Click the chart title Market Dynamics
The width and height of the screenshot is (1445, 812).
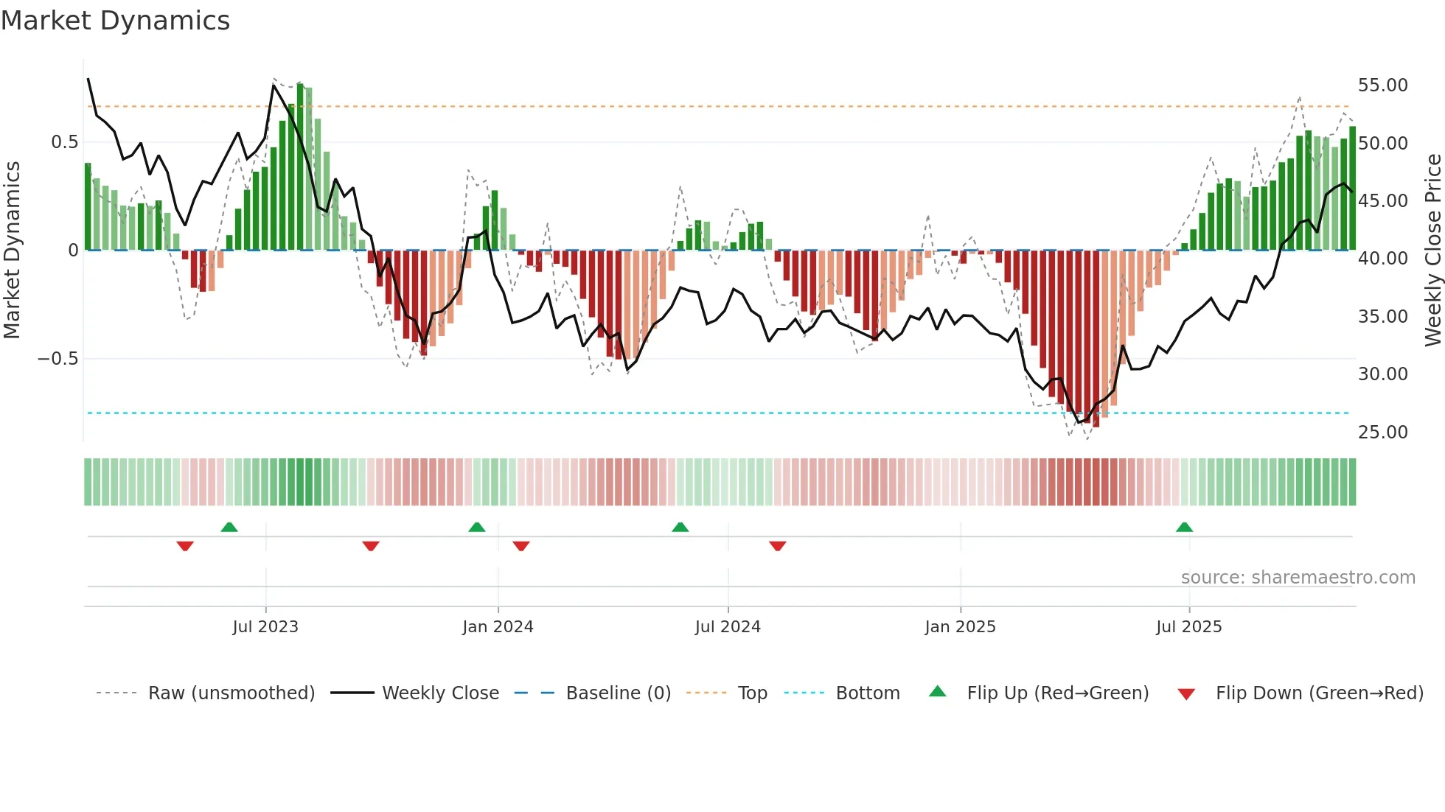115,21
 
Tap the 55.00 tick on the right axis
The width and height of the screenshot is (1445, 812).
1382,85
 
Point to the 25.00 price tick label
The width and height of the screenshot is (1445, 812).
1382,432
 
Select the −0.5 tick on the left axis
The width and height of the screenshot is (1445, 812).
58,359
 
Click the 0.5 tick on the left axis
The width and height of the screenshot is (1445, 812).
64,142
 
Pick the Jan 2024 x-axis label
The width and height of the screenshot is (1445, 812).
498,627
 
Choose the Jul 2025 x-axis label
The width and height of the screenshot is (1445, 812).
1188,627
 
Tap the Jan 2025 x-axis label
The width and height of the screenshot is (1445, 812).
960,627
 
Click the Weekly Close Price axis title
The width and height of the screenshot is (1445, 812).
1432,250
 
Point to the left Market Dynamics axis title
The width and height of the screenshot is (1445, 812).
12,250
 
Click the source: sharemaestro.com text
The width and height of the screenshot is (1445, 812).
1298,578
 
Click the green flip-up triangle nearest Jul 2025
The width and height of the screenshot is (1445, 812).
1184,527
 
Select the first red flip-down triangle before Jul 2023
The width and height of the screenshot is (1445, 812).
185,546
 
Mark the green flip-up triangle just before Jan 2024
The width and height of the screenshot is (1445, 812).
477,527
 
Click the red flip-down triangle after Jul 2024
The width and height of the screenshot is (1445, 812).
778,546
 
